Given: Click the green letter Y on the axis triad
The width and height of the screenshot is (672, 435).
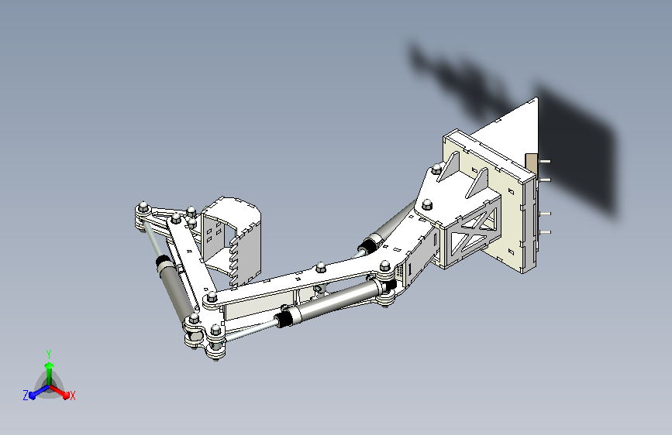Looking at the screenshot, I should click(48, 353).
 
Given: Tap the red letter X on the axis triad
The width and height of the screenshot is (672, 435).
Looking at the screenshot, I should click(73, 396).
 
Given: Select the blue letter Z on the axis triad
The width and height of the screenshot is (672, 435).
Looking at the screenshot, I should click(26, 396).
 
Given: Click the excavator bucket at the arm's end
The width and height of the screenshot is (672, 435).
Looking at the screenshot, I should click(233, 236).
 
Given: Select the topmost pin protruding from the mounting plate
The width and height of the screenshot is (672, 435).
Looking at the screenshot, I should click(546, 161).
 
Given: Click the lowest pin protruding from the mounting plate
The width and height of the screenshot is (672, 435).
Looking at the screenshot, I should click(546, 231).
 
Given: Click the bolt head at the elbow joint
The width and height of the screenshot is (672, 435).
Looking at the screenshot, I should click(209, 300).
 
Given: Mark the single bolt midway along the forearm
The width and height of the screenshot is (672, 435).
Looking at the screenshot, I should click(319, 268).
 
